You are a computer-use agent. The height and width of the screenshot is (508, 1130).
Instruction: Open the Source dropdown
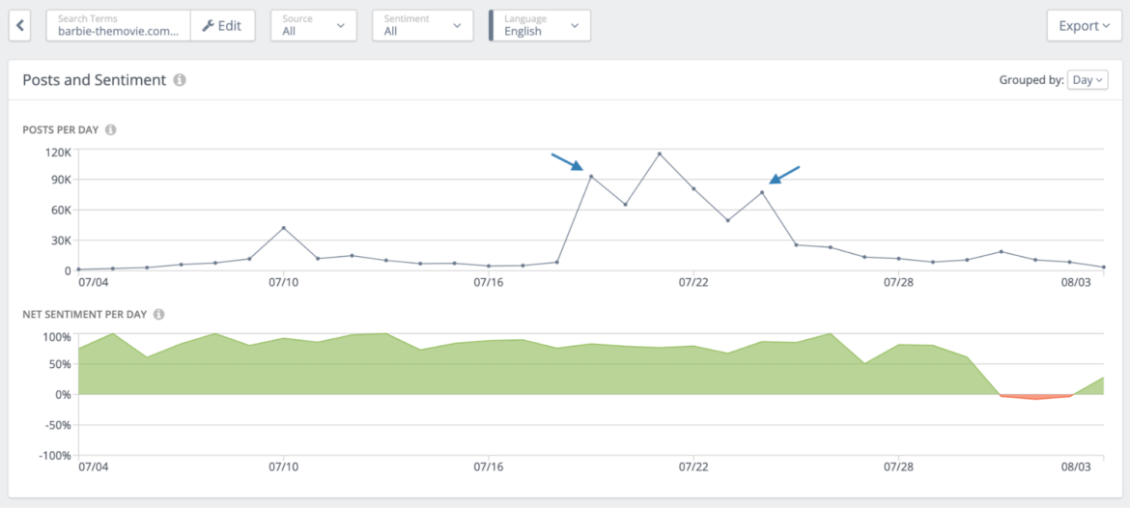(313, 26)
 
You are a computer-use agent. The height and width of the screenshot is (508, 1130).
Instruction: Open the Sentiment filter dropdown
(422, 26)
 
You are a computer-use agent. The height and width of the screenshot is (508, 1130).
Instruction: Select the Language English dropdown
(540, 26)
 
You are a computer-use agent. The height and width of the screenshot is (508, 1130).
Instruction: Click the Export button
(1084, 26)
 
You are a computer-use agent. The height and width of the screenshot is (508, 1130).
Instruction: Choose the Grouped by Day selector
(1088, 80)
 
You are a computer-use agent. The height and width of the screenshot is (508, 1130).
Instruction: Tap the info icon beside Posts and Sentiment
(180, 80)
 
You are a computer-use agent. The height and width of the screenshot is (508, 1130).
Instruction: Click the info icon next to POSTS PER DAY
(110, 129)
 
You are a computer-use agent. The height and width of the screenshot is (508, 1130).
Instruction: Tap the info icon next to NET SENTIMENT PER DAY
(158, 314)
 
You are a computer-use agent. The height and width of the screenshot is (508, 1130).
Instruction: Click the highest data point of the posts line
(660, 154)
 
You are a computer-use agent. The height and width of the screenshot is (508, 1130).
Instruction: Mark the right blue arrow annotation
(784, 174)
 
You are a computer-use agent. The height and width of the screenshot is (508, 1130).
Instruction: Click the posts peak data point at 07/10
(283, 228)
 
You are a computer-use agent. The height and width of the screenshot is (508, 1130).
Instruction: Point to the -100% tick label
(54, 455)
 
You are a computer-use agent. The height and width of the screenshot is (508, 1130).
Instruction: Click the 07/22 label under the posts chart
(693, 282)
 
